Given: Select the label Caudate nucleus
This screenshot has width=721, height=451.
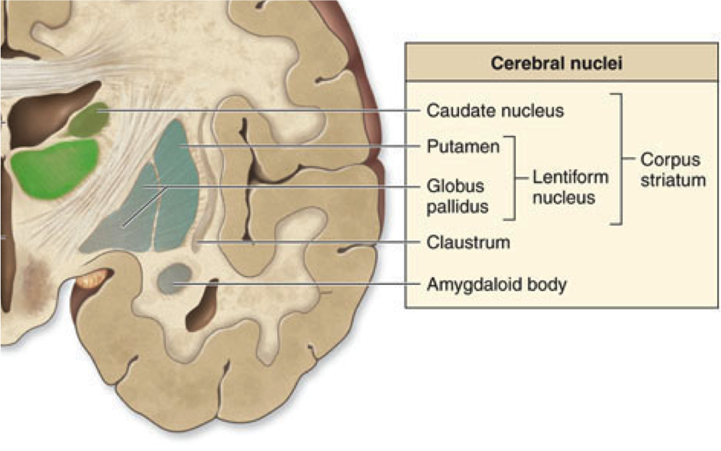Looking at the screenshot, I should (495, 111).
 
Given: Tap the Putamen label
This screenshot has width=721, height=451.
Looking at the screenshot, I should (463, 147).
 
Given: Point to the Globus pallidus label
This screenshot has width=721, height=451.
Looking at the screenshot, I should (457, 196).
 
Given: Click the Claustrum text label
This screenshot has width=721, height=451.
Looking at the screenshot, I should (468, 242).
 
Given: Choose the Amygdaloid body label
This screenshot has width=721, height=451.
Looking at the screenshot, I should (496, 284).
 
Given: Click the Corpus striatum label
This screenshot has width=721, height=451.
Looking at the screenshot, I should (672, 169).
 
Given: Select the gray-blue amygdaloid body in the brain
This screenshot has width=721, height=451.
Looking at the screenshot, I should (174, 278).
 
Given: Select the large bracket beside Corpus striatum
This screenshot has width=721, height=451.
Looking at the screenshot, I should (621, 159).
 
